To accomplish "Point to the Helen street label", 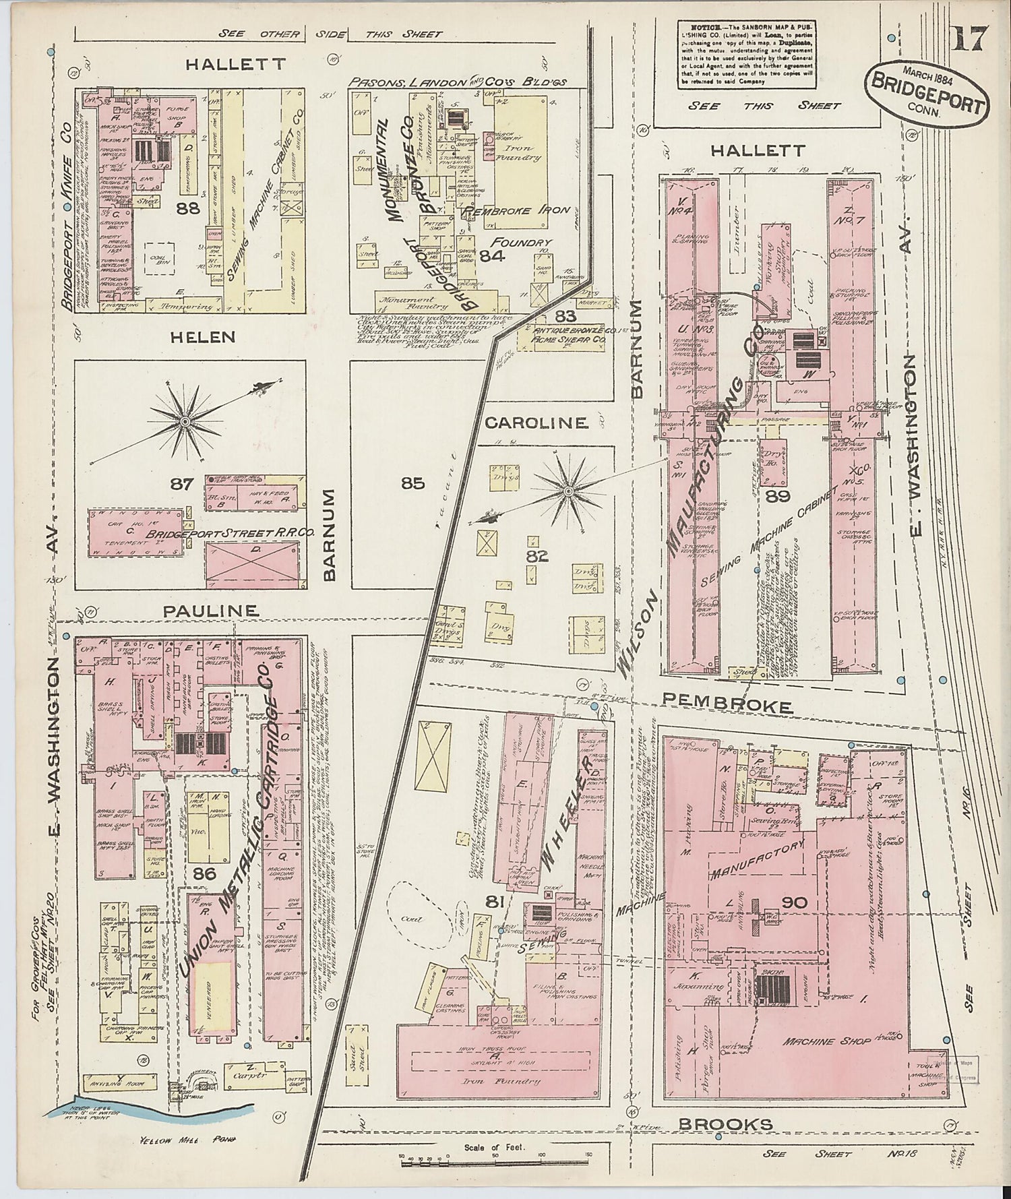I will tap(202, 336).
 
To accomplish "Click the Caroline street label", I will tap(536, 423).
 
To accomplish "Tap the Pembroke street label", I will tap(727, 706).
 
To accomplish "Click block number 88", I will tap(187, 209).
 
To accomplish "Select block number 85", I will tap(412, 483).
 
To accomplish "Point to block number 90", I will tap(794, 902).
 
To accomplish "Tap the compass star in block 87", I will tap(184, 421).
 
